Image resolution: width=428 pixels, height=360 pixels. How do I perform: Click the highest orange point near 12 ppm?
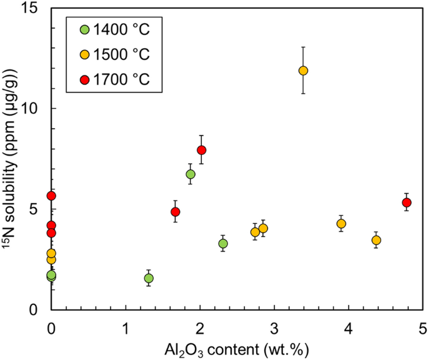pos(303,71)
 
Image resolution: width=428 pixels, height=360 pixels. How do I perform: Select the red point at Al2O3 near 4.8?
pos(407,202)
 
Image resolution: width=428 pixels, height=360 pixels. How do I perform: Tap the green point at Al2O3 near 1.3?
pos(149,278)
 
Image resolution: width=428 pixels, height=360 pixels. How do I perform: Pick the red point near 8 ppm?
pos(201,150)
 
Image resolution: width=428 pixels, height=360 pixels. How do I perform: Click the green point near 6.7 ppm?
pos(191,174)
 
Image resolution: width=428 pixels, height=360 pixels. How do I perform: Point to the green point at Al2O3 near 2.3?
pos(223,243)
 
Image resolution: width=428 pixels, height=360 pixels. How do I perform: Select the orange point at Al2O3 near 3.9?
pos(341,224)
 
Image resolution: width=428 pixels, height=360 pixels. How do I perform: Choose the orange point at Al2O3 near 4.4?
pos(376,240)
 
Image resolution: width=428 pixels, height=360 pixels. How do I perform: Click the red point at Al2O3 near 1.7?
pos(176,212)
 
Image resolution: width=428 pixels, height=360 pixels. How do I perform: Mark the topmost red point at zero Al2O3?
pos(51,196)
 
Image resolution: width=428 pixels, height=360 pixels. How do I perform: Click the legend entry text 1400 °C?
pos(122,29)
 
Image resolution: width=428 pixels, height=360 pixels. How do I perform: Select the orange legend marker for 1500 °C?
pos(85,54)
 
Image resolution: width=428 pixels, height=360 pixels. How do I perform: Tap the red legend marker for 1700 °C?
pos(85,80)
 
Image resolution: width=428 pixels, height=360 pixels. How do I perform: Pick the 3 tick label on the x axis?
pos(274,327)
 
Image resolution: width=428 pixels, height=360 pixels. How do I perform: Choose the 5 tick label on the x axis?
pos(422,327)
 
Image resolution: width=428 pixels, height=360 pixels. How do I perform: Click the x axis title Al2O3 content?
pos(237,347)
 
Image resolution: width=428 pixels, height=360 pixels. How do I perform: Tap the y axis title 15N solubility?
pos(10,159)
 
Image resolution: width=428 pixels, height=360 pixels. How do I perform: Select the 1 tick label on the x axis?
pos(126,327)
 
